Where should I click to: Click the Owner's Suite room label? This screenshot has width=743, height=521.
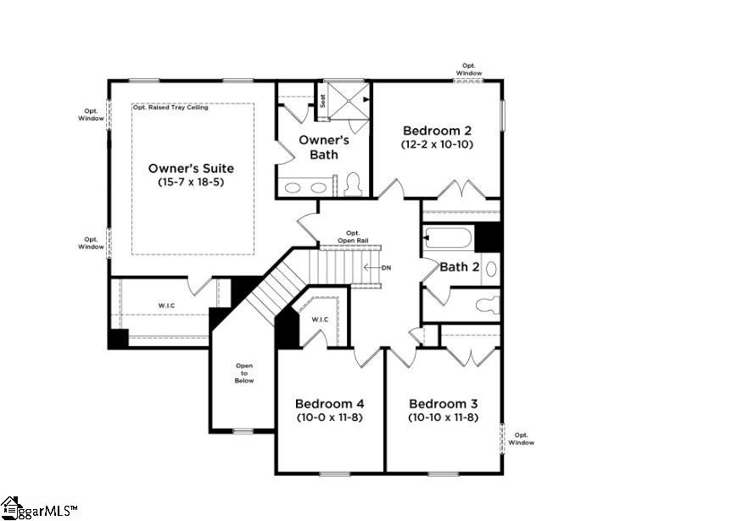coord(191,168)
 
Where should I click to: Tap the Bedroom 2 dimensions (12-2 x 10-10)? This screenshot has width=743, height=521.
coord(437,144)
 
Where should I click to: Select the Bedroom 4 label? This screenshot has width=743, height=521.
coord(329,404)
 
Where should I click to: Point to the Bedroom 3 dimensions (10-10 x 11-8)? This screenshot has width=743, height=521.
coord(443,417)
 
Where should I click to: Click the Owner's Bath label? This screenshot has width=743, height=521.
coord(324,148)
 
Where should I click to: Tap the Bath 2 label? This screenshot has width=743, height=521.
coord(459,267)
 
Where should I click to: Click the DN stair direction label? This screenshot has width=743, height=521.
coord(387,268)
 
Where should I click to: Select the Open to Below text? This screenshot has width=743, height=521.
coord(244,373)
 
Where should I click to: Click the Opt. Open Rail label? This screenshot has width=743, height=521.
coord(353,237)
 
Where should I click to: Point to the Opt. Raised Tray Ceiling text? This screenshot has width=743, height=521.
coord(170,108)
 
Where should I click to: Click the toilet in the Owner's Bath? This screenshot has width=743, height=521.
coord(353,184)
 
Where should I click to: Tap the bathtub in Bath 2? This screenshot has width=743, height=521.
coord(449,238)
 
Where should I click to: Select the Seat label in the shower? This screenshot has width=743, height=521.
coord(323,100)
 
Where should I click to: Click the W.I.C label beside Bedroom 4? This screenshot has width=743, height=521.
coord(320,320)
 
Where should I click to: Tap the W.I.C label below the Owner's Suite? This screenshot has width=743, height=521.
coord(166,305)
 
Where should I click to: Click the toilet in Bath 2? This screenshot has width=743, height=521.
coord(488,305)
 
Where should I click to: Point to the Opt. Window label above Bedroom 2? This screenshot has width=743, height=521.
coord(469,70)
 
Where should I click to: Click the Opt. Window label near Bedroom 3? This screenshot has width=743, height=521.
coord(522,439)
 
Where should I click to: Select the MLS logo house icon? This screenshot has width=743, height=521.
coord(10,507)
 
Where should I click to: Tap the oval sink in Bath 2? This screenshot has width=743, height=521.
coord(491,269)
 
